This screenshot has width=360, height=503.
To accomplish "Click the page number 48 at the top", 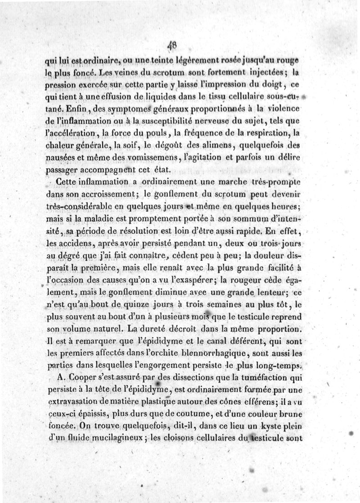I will tap(171, 45).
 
